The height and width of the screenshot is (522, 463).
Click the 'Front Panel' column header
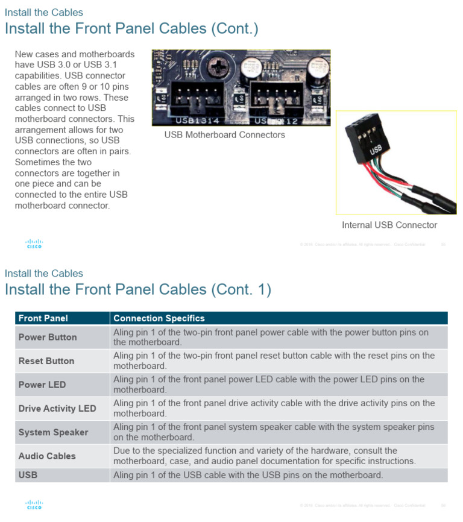point(43,318)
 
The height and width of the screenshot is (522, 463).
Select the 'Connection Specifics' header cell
point(159,318)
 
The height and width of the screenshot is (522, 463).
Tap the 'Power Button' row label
point(48,337)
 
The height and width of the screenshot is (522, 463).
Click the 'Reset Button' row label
point(46,361)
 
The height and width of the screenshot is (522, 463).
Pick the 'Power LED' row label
point(42,385)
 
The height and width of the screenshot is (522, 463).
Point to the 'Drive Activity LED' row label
point(57,409)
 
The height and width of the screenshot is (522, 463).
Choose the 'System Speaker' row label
point(53,432)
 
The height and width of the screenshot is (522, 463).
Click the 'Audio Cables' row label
point(47,456)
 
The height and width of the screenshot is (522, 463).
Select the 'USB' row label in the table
point(28,475)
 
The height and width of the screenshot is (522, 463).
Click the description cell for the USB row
point(248,475)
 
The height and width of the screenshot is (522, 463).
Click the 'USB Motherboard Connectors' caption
point(225,135)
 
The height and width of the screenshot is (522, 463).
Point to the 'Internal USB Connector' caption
point(389,225)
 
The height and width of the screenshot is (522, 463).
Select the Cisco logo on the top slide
point(34,244)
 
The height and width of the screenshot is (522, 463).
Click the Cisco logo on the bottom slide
point(34,505)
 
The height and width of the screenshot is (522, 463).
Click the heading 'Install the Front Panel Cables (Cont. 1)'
point(138,289)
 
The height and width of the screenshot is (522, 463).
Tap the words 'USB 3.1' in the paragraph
point(118,65)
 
